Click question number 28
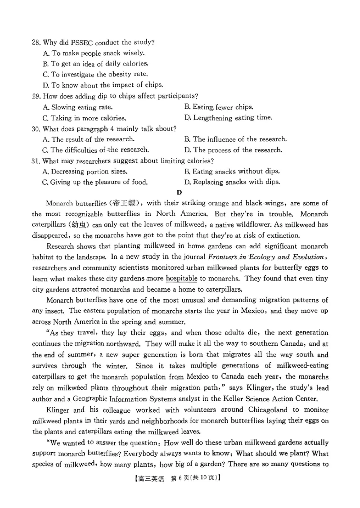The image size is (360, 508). [x=36, y=43]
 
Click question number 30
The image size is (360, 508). [x=36, y=129]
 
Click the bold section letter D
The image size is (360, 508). [x=179, y=192]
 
